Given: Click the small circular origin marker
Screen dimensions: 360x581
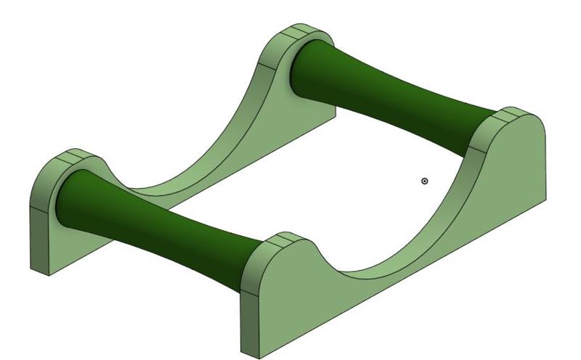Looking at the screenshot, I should point(425,181).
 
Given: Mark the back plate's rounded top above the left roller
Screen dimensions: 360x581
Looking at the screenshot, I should point(73,155).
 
